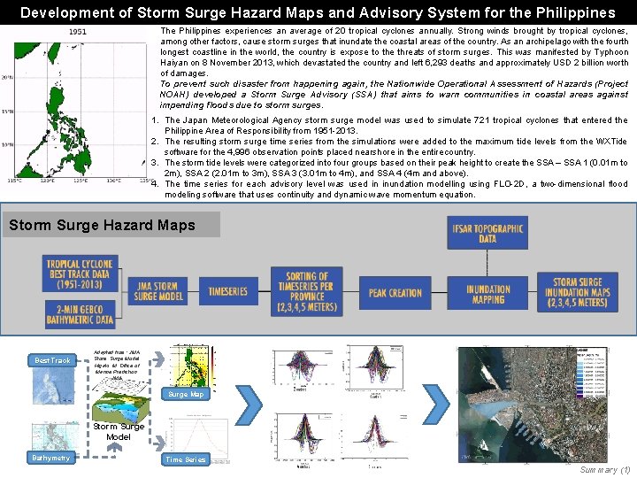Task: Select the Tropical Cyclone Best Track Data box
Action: [80, 274]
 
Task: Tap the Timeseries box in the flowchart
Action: [228, 291]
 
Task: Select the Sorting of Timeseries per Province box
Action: [307, 289]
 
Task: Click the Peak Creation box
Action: [395, 292]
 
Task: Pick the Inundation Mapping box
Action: [488, 294]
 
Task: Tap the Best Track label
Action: [53, 360]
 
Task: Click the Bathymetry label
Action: [50, 458]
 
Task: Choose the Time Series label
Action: [186, 459]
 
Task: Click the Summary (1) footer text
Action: [605, 469]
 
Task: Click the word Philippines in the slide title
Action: [571, 12]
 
